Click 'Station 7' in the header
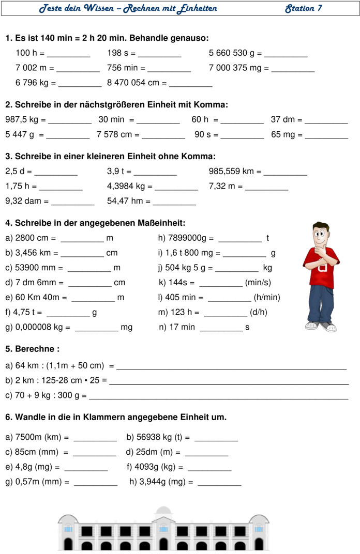304,8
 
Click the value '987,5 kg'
22,120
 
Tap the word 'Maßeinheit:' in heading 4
161,223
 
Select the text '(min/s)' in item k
258,283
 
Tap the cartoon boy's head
321,235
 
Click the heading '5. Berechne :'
32,349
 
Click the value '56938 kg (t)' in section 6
158,438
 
